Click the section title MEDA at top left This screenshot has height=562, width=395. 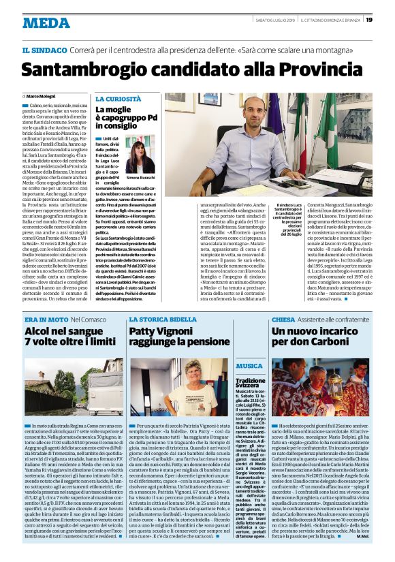46,22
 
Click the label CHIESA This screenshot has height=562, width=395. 283,319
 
